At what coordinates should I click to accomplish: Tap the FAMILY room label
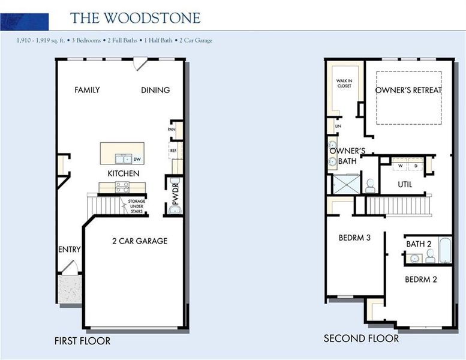click(87, 90)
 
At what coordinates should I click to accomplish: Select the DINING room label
click(155, 90)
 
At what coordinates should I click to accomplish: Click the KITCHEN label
click(124, 173)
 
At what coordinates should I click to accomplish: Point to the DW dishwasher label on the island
click(137, 160)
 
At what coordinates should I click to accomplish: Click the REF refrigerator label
click(173, 151)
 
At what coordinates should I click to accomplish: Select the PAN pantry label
click(172, 129)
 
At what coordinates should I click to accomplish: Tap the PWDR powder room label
click(176, 195)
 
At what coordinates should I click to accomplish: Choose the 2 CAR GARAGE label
click(140, 241)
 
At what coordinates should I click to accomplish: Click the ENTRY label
click(70, 250)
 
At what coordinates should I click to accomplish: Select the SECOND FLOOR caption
click(361, 338)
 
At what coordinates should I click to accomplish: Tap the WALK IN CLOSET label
click(344, 83)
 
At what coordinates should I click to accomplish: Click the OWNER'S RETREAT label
click(408, 90)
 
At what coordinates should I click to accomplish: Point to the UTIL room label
click(405, 184)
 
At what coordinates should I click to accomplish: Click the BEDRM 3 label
click(354, 238)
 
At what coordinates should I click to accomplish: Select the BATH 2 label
click(419, 244)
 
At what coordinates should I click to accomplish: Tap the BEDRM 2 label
click(421, 280)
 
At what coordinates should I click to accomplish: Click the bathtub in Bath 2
click(445, 250)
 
